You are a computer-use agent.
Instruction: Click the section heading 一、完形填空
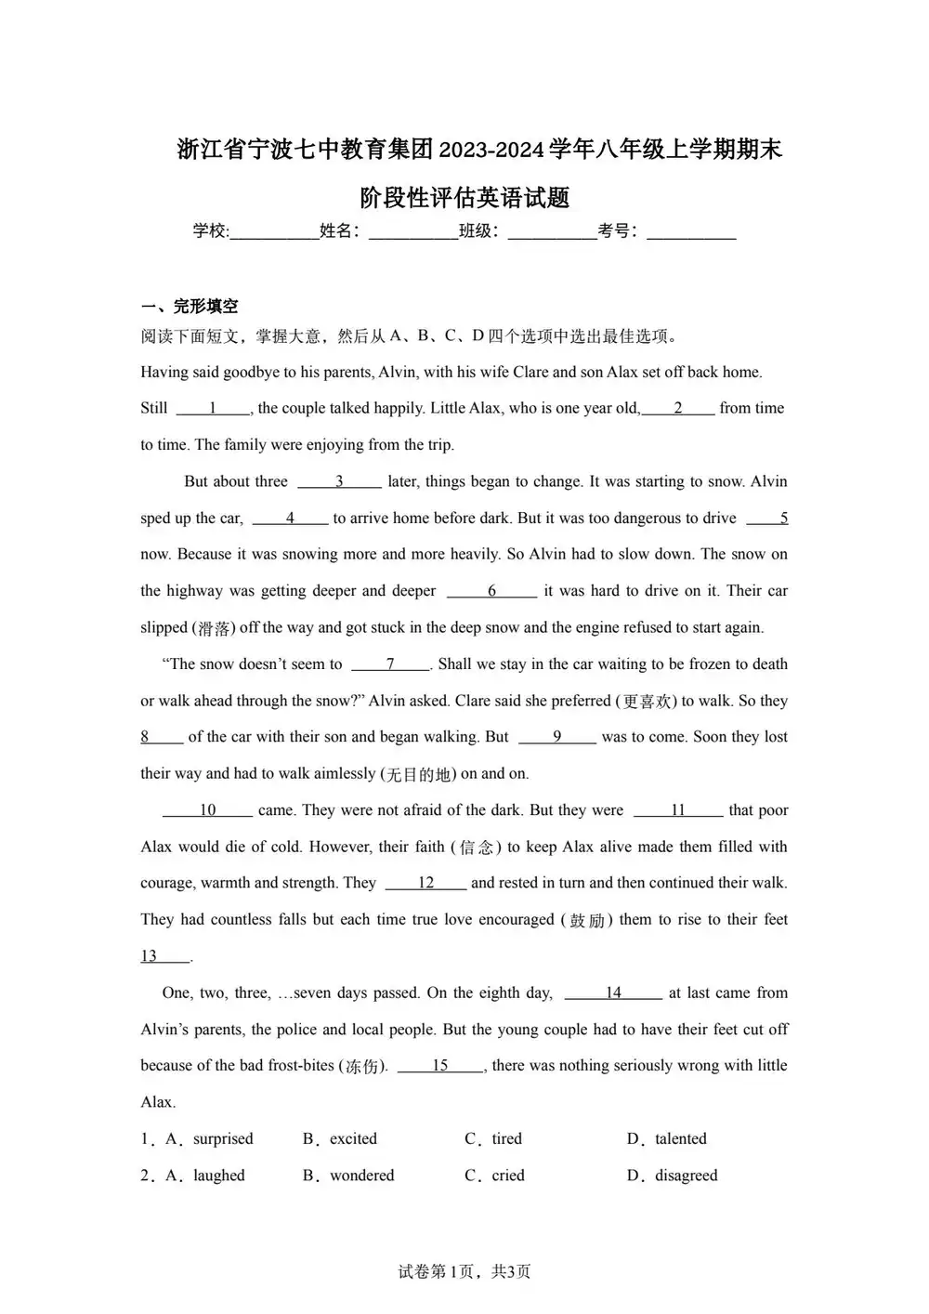tap(190, 306)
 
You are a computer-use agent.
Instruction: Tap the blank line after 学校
tap(274, 232)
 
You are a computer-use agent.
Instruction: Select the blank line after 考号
tap(691, 232)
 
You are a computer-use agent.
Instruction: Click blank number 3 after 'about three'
tap(339, 481)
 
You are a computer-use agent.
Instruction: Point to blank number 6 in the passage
tap(491, 591)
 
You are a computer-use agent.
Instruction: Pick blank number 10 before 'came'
tap(207, 810)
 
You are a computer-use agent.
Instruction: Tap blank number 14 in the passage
tap(613, 992)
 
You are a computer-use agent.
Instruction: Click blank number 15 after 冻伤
tap(440, 1066)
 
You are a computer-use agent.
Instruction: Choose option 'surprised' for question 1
tap(223, 1139)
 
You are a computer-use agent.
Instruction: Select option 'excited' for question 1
tap(353, 1139)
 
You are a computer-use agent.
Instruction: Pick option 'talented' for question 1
tap(680, 1139)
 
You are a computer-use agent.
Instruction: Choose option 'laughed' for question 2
tap(219, 1176)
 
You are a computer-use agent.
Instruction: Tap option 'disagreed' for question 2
tap(686, 1176)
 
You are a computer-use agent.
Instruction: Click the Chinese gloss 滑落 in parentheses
tap(214, 628)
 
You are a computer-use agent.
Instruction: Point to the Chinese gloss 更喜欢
tap(647, 702)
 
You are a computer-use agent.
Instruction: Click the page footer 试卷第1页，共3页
tap(464, 1271)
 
